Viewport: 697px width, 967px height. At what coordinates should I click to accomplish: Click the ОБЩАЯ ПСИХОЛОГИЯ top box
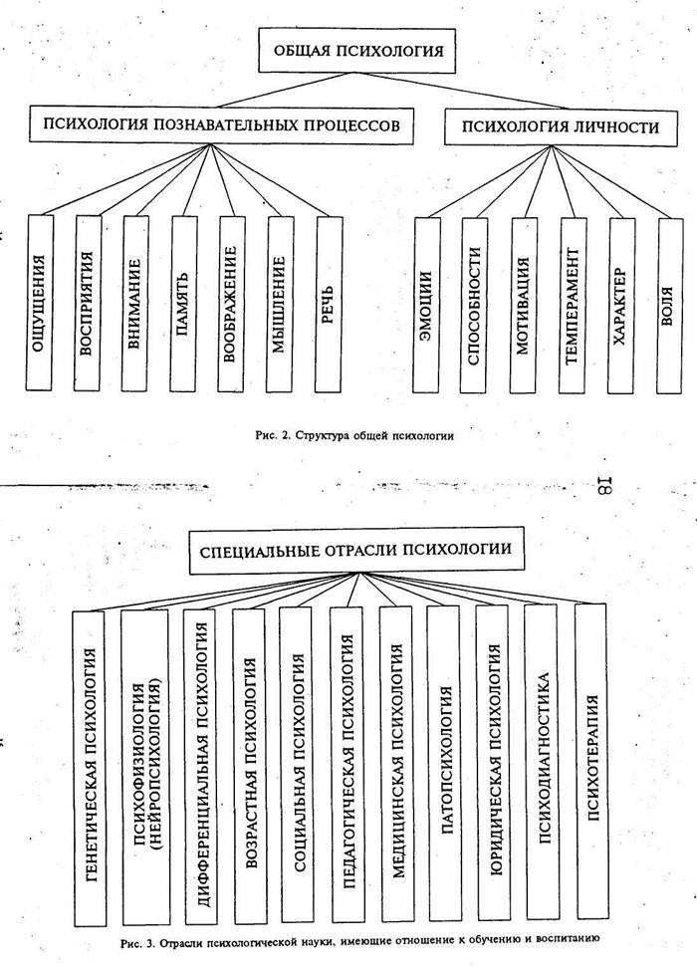tap(363, 50)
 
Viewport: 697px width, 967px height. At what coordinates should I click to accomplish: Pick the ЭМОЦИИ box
tap(425, 304)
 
